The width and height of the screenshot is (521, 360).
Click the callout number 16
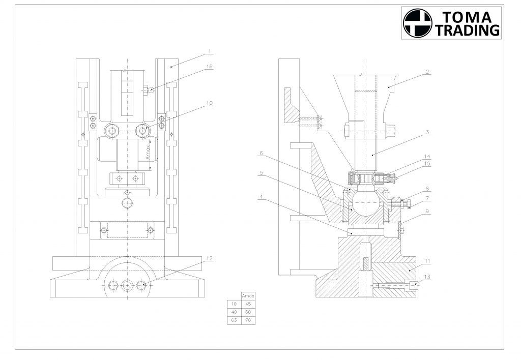(209, 67)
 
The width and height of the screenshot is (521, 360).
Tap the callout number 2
(427, 71)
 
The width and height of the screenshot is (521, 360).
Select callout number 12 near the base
(209, 258)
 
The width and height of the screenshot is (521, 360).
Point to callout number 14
(427, 157)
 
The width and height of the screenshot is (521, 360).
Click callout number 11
(427, 261)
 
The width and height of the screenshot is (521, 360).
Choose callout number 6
(261, 153)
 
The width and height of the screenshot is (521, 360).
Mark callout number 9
(427, 211)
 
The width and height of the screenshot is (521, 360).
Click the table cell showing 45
(248, 304)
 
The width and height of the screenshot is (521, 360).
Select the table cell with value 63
(234, 321)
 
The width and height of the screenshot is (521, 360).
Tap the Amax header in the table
(248, 296)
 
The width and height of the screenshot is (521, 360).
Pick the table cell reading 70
(248, 321)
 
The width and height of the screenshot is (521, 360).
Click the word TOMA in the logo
(467, 17)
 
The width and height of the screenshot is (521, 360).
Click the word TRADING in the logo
(468, 30)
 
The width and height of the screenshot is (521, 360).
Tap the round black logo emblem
(418, 23)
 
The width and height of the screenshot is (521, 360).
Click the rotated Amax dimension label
(148, 152)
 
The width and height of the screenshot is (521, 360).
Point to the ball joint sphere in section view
(366, 202)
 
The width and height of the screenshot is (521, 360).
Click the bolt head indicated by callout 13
(414, 286)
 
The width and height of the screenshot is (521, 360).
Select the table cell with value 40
(234, 312)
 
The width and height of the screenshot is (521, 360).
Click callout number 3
(427, 132)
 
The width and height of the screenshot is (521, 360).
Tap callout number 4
(261, 197)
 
